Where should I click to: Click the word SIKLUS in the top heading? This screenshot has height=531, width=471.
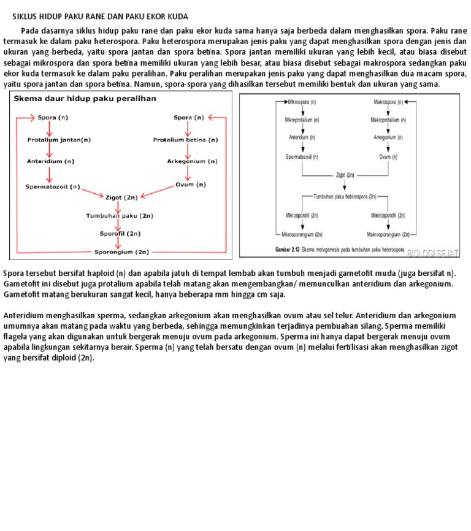point(26,16)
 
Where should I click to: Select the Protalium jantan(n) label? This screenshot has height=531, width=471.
point(59,139)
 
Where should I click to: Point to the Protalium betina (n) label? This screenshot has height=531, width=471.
point(185,139)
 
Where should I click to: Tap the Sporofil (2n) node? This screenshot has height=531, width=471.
point(120,233)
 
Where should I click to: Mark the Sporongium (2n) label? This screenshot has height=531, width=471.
point(121,251)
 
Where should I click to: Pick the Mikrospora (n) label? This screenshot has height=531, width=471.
point(302,102)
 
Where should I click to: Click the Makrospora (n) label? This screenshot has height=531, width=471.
point(388,102)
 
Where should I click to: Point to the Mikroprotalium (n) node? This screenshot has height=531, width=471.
point(302,120)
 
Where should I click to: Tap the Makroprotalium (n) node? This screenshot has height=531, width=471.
point(388,120)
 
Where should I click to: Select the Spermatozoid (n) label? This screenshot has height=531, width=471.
point(302,157)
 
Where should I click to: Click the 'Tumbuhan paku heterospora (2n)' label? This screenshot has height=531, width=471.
point(345,197)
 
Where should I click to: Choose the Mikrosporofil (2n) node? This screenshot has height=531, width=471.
point(302,215)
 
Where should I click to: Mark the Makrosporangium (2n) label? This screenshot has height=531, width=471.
point(388,234)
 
